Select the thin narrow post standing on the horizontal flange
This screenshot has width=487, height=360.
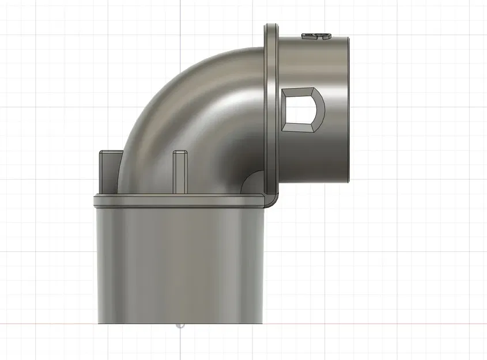click(179, 172)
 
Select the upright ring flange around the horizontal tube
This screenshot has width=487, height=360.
click(271, 104)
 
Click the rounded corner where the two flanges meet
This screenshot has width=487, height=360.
click(271, 199)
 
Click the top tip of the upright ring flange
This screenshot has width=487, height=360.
click(271, 26)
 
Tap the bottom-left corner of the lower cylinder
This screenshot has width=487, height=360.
click(99, 323)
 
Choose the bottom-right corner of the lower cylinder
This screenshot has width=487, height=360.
click(263, 323)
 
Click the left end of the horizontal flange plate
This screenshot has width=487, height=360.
click(95, 199)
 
